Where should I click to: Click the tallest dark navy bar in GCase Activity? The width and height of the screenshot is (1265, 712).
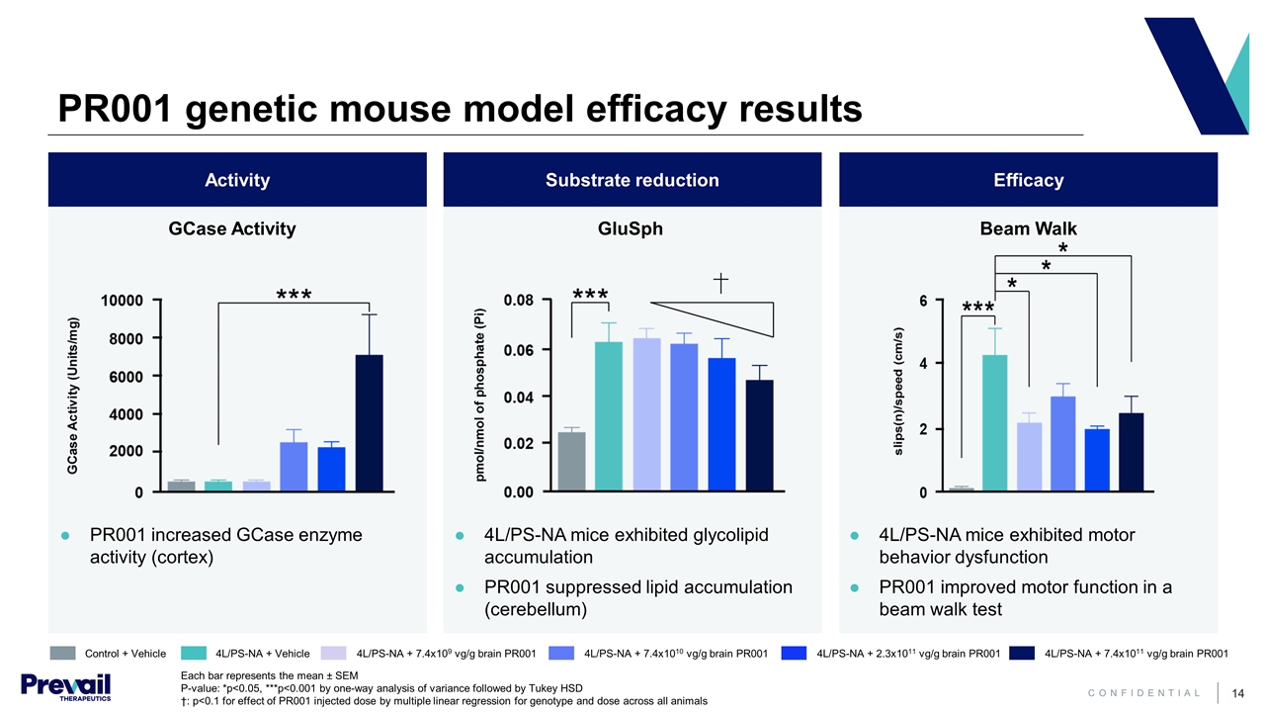pos(369,423)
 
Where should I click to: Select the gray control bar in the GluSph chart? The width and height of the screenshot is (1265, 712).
pos(571,462)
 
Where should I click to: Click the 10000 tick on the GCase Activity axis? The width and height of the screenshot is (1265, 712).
pos(124,300)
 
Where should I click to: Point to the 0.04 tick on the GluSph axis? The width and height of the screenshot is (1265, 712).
pos(521,397)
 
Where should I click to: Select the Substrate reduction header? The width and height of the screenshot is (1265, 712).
pos(632,180)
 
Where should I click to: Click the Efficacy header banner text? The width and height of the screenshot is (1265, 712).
pos(1028,180)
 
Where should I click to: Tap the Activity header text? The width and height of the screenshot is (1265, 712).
pos(237,180)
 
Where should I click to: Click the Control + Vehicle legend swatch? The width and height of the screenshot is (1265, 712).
pos(62,653)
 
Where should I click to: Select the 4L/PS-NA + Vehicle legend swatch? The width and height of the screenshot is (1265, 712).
pos(194,653)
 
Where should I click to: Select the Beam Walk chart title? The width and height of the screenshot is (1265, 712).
pos(1028,229)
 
